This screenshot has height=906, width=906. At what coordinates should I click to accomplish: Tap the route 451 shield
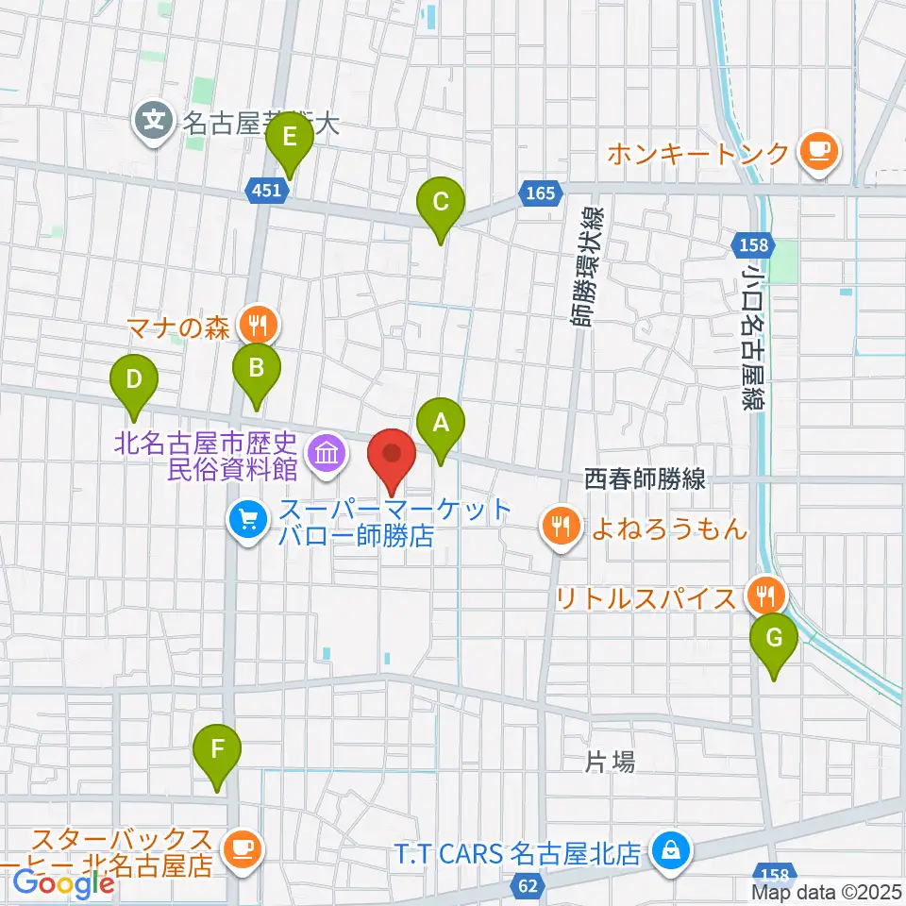[x=267, y=191]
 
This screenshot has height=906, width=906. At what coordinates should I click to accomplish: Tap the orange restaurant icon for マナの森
[x=256, y=325]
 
